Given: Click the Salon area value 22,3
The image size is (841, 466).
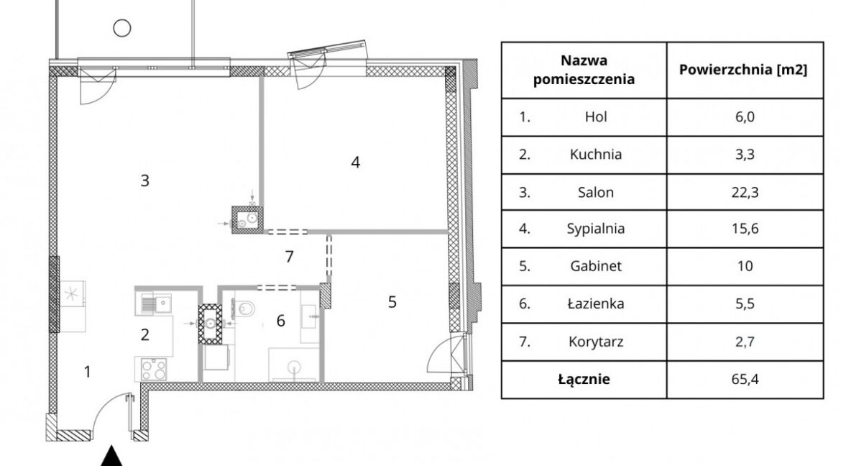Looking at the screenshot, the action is coord(745,192).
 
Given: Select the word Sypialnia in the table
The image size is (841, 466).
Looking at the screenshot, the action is coord(595,229).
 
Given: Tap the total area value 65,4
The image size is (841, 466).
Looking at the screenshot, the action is coord(745,379).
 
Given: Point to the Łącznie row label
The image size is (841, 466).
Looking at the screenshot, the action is coord(584,380).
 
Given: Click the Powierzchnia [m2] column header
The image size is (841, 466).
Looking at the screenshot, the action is coord(743,70).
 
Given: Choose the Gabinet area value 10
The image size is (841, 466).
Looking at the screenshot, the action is coord(745,266).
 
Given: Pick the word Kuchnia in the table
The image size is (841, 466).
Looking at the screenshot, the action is coord(595,155).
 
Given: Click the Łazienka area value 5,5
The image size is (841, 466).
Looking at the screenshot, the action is coord(745,304).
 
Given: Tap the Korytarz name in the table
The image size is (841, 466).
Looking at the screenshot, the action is coord(595,342).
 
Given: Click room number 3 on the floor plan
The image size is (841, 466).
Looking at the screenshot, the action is coord(144,181).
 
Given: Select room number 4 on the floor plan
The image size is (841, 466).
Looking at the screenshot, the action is coord(356,162).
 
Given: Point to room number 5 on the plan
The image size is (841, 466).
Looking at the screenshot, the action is coord(392,302).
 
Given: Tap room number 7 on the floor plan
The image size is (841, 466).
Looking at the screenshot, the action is coord(290,257).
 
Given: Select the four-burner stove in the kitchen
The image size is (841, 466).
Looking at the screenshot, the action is coord(153,369).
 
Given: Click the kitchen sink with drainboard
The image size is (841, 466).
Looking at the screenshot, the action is coord(153,304).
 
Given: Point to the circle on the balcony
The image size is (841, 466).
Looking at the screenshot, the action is coord(122,27).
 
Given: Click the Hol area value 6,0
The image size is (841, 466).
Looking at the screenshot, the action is coord(745,117).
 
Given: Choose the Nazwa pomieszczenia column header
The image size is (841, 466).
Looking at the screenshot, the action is coord(584,70).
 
